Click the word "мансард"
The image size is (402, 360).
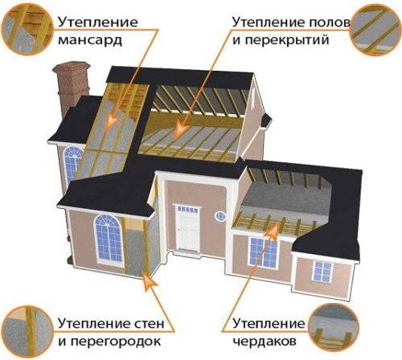pyautogui.click(x=90, y=40)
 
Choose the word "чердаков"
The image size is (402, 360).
pyautogui.click(x=265, y=342)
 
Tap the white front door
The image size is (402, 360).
pyautogui.click(x=188, y=228)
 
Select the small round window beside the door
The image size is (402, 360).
pyautogui.click(x=220, y=215)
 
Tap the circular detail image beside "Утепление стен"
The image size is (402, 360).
pyautogui.click(x=27, y=332)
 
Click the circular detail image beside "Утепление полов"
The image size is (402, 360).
pyautogui.click(x=376, y=30)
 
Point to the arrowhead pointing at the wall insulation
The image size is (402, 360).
pyautogui.click(x=149, y=281)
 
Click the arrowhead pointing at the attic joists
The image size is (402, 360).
pyautogui.click(x=273, y=230)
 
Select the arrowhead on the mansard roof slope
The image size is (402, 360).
pyautogui.click(x=113, y=120)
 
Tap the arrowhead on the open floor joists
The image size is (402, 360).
pyautogui.click(x=180, y=129)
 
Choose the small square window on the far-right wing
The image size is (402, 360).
pyautogui.click(x=322, y=271)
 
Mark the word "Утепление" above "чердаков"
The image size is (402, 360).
pyautogui.click(x=269, y=324)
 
